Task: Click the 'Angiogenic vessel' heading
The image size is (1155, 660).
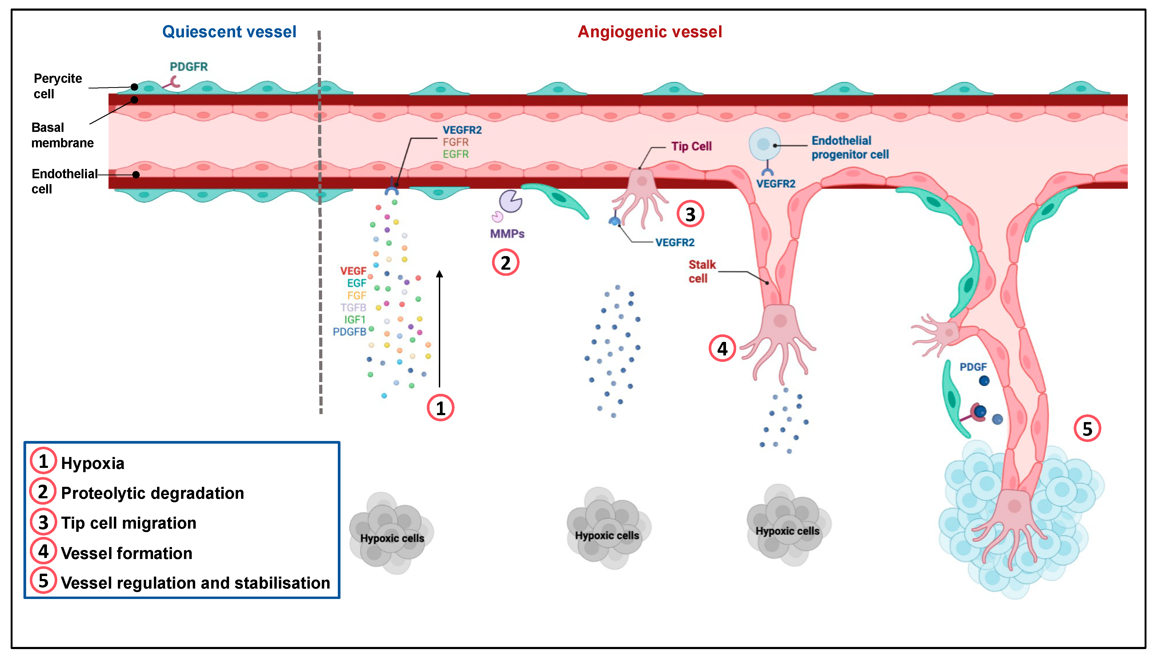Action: (649, 32)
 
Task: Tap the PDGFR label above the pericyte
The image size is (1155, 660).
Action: (189, 67)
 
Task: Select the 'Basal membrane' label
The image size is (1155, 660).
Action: (62, 135)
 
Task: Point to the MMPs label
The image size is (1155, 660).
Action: (507, 234)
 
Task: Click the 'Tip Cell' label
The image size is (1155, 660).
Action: (691, 146)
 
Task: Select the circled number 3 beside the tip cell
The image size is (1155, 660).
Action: (690, 214)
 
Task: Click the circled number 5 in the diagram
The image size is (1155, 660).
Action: (1087, 428)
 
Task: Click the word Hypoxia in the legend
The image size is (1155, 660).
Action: (93, 463)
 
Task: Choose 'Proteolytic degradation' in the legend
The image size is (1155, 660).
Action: (152, 493)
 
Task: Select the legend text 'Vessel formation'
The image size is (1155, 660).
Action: (127, 553)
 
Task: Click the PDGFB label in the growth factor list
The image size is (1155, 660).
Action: (349, 332)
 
